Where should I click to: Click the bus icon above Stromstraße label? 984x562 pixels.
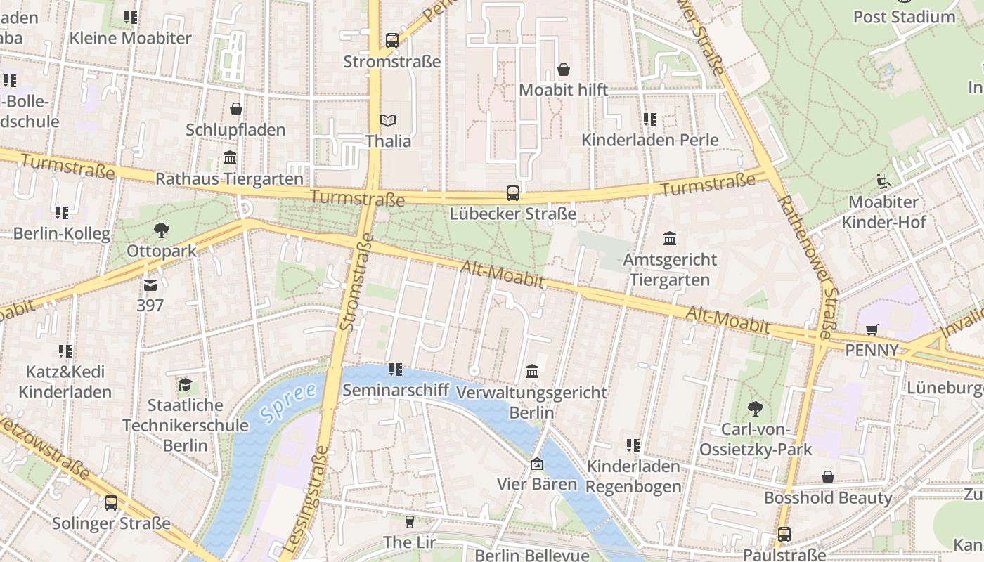tap(392, 41)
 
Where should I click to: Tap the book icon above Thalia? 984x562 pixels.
tap(388, 121)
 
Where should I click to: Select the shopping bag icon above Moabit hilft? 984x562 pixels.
tap(564, 70)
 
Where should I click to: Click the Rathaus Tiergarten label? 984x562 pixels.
tap(229, 178)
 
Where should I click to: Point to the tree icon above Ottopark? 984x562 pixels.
tap(162, 230)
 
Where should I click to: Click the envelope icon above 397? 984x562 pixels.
tap(150, 285)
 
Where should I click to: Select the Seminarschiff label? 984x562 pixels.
tap(395, 390)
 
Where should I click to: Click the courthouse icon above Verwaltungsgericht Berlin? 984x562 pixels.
tap(532, 371)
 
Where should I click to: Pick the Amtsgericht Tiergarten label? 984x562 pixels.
tap(670, 270)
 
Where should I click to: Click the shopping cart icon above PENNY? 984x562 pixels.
tap(872, 329)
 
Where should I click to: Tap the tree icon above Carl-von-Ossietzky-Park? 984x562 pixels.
tap(756, 408)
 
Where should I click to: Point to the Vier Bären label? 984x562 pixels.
tap(536, 484)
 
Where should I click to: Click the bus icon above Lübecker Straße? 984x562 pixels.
tap(513, 193)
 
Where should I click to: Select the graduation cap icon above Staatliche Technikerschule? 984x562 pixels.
tap(185, 385)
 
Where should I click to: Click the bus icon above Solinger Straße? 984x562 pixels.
tap(111, 503)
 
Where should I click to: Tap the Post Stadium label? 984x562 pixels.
tap(904, 17)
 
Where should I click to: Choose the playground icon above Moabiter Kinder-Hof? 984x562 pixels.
tap(883, 181)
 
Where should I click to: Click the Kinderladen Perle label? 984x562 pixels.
tap(649, 140)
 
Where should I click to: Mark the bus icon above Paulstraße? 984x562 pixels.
tap(784, 535)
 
